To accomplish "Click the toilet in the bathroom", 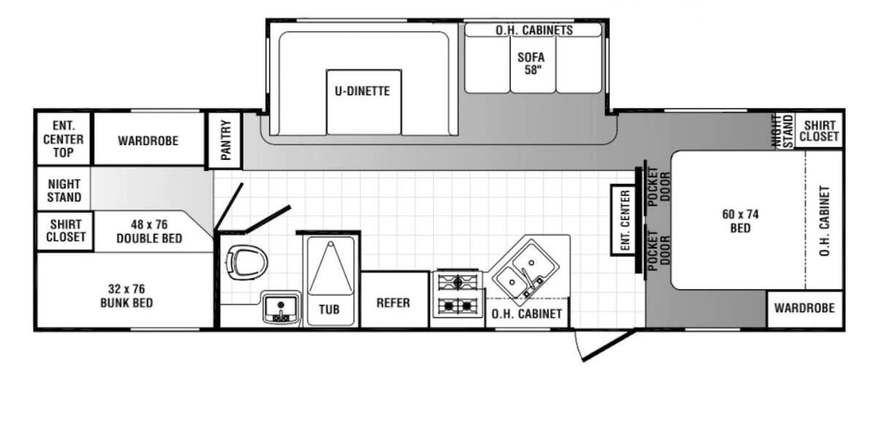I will pyautogui.click(x=246, y=263).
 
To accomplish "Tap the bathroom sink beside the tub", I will pyautogui.click(x=281, y=308).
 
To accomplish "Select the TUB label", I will pyautogui.click(x=330, y=310).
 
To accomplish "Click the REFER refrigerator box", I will pyautogui.click(x=393, y=302).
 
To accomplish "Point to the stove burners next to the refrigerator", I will pyautogui.click(x=458, y=293).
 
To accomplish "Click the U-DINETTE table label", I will pyautogui.click(x=363, y=92).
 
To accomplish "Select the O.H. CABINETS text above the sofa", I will pyautogui.click(x=534, y=31).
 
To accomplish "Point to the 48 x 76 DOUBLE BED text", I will pyautogui.click(x=149, y=232).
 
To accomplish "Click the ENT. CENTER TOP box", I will pyautogui.click(x=64, y=139).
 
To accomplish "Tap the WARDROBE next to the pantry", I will pyautogui.click(x=148, y=140).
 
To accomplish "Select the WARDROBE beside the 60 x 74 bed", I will pyautogui.click(x=804, y=308).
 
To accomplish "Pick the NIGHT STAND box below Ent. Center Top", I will pyautogui.click(x=64, y=191).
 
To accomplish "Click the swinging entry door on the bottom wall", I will pyautogui.click(x=605, y=345).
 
